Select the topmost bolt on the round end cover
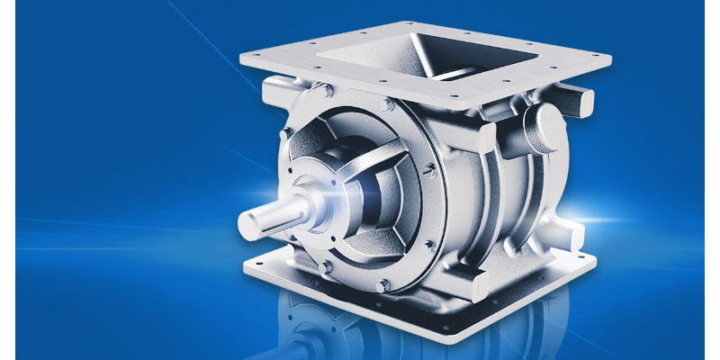[388, 105]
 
